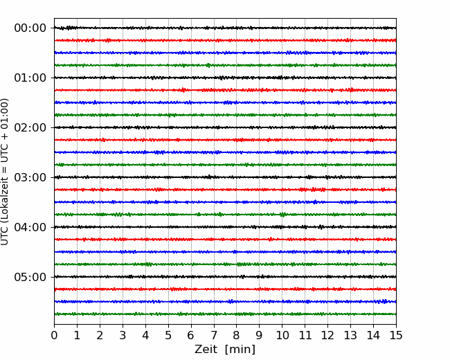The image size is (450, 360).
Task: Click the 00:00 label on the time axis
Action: click(x=30, y=28)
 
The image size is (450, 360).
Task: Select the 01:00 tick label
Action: click(x=30, y=78)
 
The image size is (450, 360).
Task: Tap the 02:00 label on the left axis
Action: click(x=30, y=127)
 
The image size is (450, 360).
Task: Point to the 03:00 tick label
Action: click(x=30, y=177)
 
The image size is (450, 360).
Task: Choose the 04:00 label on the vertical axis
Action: click(x=30, y=227)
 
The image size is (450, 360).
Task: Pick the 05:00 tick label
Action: click(x=30, y=277)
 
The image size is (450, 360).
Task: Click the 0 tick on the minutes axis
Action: click(x=54, y=335)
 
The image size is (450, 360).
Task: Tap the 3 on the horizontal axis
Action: click(x=123, y=335)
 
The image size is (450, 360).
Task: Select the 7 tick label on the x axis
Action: click(x=214, y=335)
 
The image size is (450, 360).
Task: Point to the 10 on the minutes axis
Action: click(x=282, y=335)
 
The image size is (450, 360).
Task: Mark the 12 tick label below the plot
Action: click(x=327, y=335)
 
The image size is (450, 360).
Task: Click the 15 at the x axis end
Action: click(x=396, y=335)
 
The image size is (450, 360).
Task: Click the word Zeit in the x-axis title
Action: click(x=206, y=350)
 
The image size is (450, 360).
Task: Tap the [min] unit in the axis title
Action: click(x=240, y=350)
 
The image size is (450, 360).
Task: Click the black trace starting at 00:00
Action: click(x=225, y=28)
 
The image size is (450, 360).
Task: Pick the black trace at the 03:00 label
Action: click(x=225, y=177)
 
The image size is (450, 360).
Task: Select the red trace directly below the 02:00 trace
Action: click(x=225, y=140)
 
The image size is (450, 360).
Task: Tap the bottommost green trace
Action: click(x=225, y=314)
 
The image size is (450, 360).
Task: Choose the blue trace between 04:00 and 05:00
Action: click(x=225, y=252)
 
